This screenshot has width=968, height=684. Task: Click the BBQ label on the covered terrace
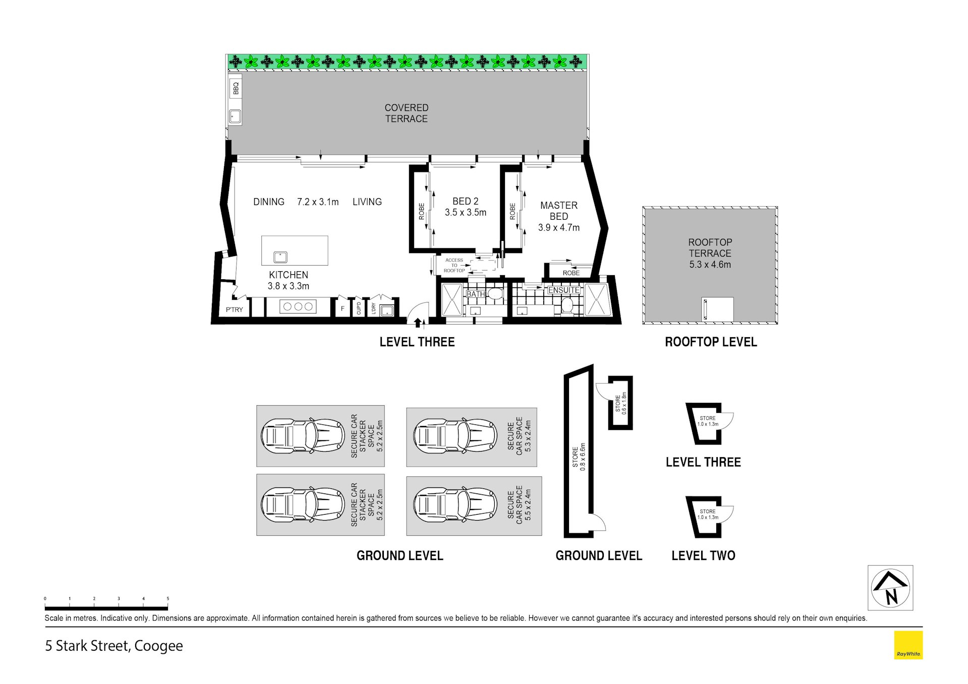coord(236,89)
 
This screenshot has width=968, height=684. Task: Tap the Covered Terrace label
coord(406,113)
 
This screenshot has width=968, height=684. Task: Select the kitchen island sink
coord(280,257)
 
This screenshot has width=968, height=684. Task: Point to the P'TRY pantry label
coord(234,309)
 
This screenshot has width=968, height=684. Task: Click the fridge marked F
coord(343,308)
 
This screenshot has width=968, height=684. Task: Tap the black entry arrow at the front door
coord(418,323)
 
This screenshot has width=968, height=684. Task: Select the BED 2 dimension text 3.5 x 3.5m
coord(466,213)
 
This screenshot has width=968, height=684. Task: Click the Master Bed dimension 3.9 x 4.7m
coord(559,227)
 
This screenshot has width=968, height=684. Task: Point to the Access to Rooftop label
coord(454,266)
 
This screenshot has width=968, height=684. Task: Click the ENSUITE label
coord(564,290)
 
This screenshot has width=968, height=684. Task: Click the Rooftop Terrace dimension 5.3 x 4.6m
coord(710,265)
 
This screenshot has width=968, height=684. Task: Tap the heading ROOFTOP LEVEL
coord(711,342)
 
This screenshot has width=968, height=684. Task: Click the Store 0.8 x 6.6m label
coord(579,457)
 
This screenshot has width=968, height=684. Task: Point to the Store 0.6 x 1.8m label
coord(620,403)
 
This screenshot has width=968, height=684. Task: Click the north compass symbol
coord(890,588)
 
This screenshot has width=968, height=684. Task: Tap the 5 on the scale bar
coord(168,599)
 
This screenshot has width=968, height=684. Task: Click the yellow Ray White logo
coord(908,645)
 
